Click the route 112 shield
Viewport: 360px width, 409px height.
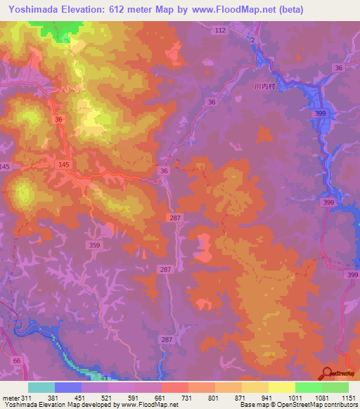pyautogui.click(x=221, y=30)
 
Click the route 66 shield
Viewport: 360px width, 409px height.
pyautogui.click(x=17, y=359)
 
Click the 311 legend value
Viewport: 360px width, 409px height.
pyautogui.click(x=27, y=398)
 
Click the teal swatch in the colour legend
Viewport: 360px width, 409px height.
pyautogui.click(x=41, y=387)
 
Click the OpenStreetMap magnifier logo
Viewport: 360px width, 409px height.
pyautogui.click(x=327, y=373)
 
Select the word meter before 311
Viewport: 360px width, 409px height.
pyautogui.click(x=11, y=398)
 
